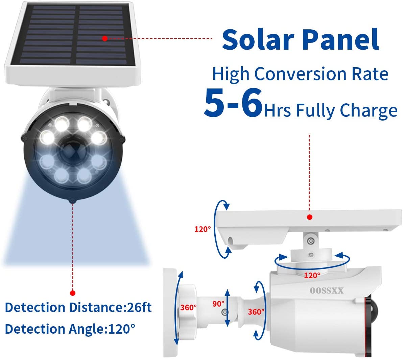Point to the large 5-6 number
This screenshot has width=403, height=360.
click(x=233, y=102)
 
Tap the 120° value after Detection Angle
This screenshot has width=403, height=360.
click(x=121, y=329)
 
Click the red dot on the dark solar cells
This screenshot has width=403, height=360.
click(x=105, y=38)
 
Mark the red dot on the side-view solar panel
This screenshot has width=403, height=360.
click(x=310, y=217)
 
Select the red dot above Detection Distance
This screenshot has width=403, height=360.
click(x=72, y=293)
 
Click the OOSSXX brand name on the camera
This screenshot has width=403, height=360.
click(x=327, y=290)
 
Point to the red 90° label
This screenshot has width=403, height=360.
click(x=218, y=304)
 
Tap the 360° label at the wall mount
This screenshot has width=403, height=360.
click(x=188, y=307)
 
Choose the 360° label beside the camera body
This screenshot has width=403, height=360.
click(x=256, y=311)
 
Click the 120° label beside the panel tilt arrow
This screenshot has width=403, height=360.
click(x=202, y=229)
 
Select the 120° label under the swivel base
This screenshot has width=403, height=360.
click(x=312, y=275)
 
